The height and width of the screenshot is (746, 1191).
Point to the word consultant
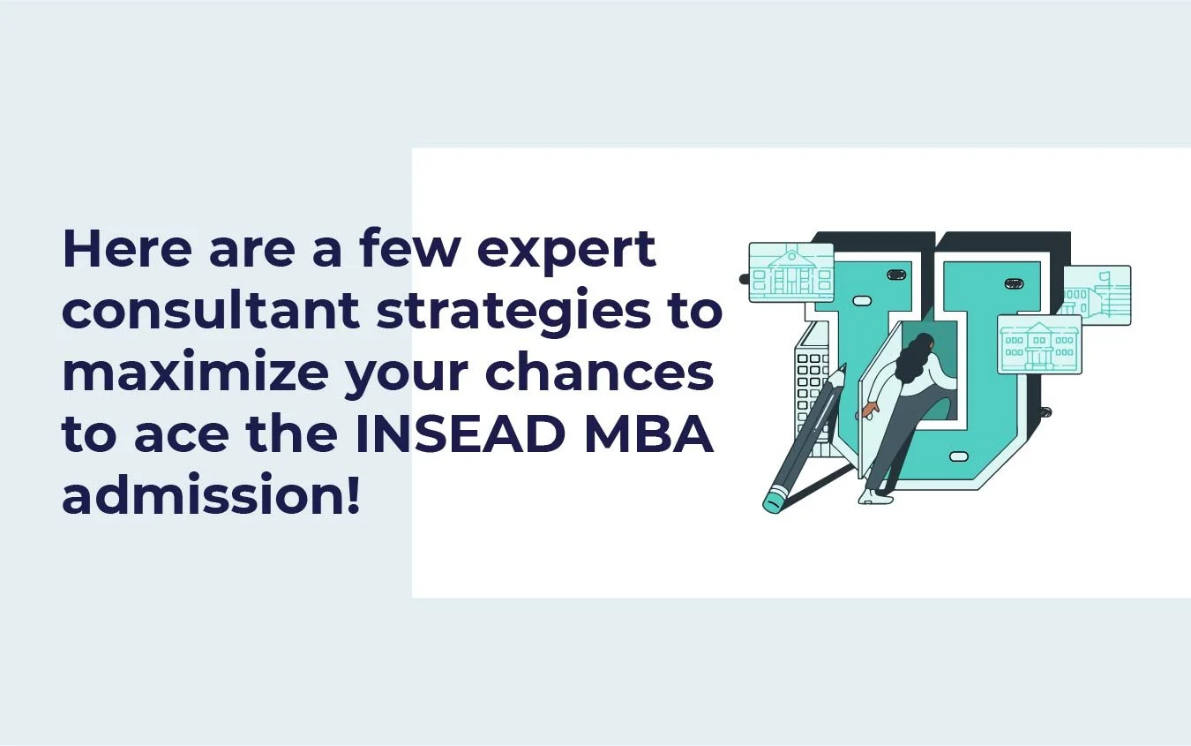pyautogui.click(x=211, y=313)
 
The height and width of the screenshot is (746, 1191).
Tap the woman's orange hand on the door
pyautogui.click(x=870, y=410)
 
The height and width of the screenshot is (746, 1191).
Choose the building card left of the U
pyautogui.click(x=791, y=273)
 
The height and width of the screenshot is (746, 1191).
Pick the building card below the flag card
pyautogui.click(x=1039, y=344)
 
